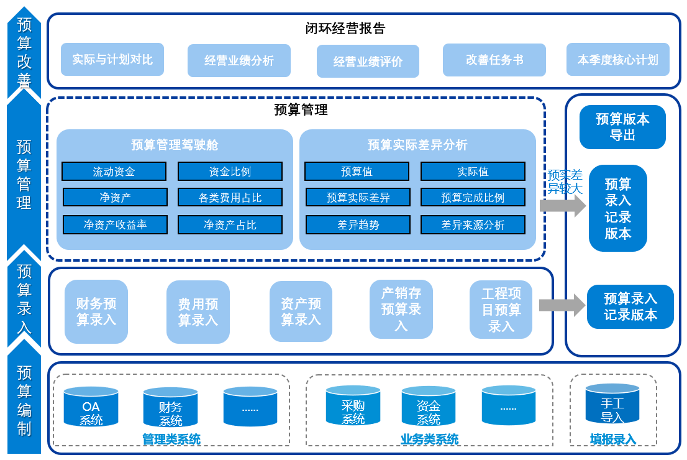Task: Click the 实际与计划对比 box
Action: click(x=112, y=60)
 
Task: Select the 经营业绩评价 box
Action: click(x=368, y=62)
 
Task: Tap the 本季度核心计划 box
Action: click(x=617, y=60)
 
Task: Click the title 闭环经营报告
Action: click(x=345, y=29)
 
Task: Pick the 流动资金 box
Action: click(x=114, y=172)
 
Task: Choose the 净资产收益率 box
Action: click(x=115, y=225)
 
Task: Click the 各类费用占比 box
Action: click(x=230, y=198)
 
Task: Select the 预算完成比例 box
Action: click(x=473, y=198)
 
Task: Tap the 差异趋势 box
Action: click(x=358, y=225)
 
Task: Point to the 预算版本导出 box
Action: click(x=622, y=127)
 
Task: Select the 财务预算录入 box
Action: click(x=96, y=311)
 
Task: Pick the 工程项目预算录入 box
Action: click(x=501, y=310)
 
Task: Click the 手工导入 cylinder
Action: click(x=612, y=405)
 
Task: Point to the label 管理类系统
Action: click(x=171, y=439)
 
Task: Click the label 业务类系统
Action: click(x=429, y=439)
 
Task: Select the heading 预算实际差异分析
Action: click(x=417, y=145)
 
